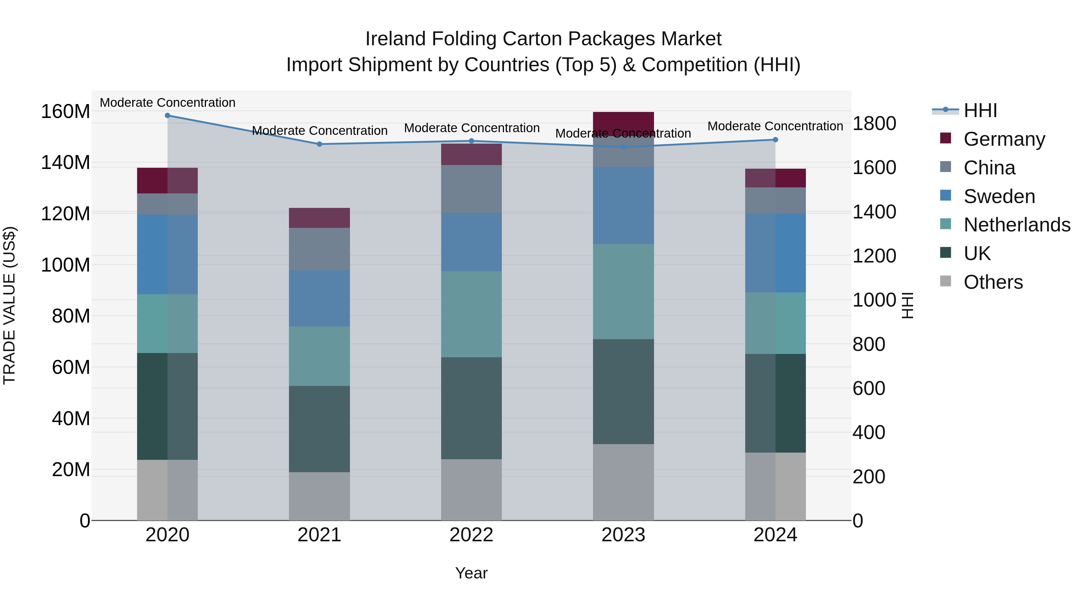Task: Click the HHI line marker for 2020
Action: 168,115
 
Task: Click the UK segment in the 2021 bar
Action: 319,429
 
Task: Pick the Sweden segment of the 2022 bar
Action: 471,242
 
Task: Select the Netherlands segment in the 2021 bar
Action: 319,356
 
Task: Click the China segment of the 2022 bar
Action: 471,189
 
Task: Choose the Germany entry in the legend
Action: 1004,139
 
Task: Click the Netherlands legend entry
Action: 1017,225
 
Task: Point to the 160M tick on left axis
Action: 66,112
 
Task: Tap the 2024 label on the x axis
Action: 775,535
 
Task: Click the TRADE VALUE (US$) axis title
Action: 9,305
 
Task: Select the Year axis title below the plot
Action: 471,573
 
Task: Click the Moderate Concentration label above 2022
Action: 471,128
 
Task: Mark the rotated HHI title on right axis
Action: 907,305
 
